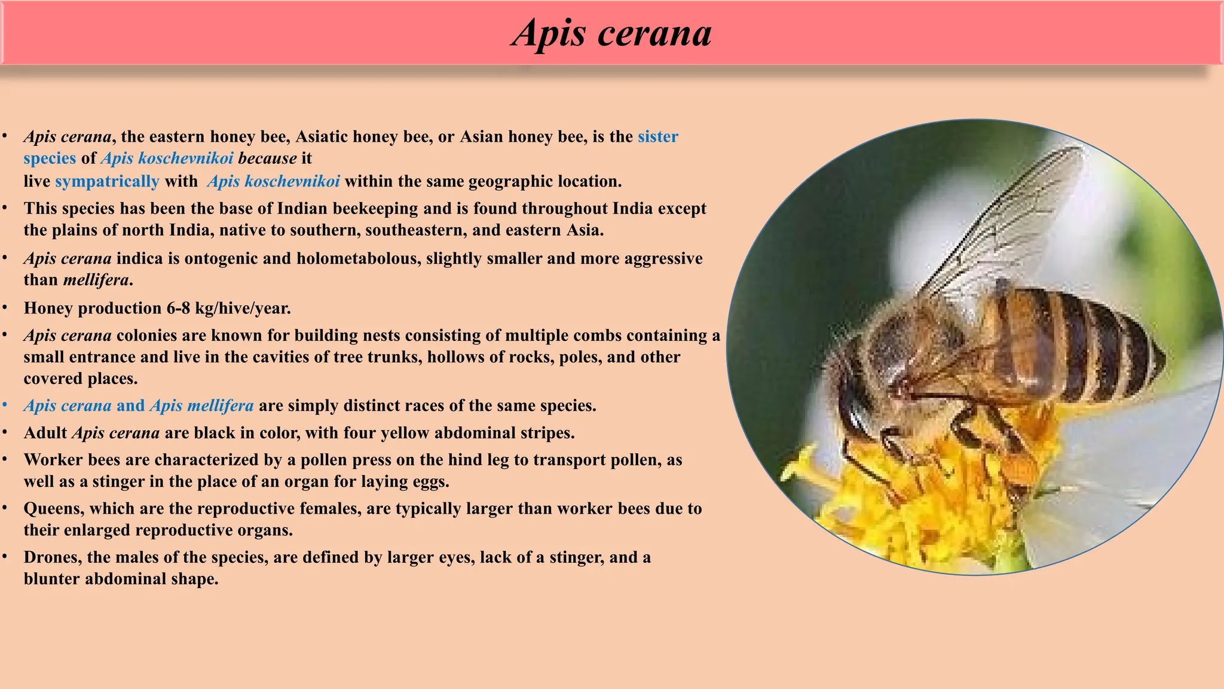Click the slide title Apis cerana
[x=611, y=32]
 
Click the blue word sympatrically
[x=107, y=181]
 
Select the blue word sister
[x=657, y=137]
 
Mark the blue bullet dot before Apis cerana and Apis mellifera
[x=5, y=406]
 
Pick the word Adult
[x=45, y=433]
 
